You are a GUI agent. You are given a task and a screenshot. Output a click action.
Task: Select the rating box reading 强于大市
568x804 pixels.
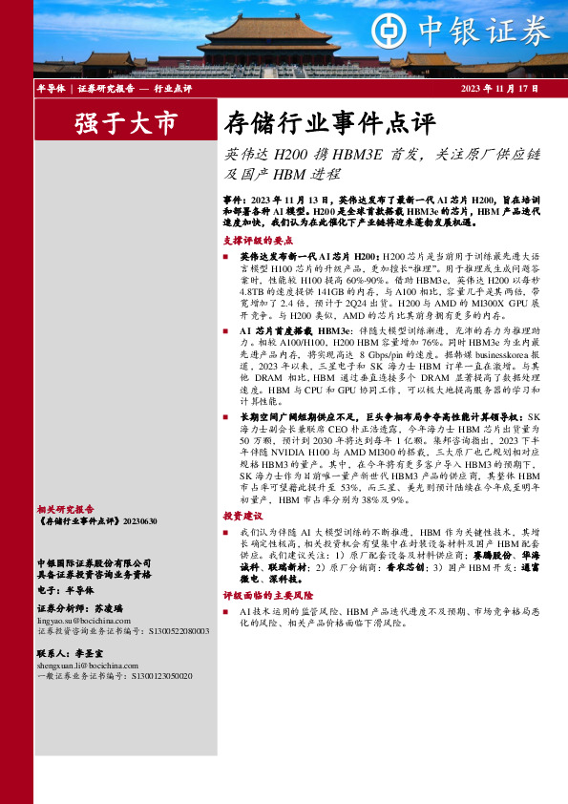pos(113,123)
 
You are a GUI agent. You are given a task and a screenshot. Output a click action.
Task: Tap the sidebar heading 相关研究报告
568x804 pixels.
pos(64,510)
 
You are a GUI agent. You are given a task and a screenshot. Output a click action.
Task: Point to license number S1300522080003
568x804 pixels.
pos(179,631)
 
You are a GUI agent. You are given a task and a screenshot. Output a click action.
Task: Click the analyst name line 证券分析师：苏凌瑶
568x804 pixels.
pos(80,608)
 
